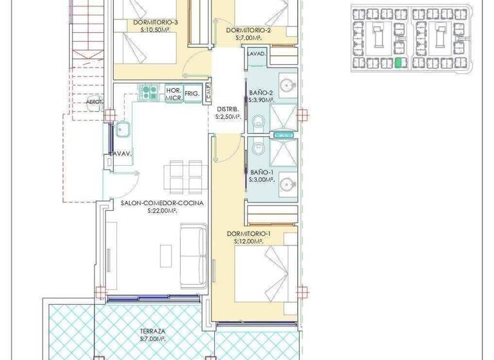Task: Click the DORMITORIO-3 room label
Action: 155,22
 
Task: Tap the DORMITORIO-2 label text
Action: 248,30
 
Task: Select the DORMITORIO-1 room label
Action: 249,233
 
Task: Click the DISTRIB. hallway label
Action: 228,109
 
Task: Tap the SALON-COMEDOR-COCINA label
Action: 162,203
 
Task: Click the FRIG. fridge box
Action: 192,93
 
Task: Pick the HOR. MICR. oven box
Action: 172,93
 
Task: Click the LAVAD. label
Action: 255,54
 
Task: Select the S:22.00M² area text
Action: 162,210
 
